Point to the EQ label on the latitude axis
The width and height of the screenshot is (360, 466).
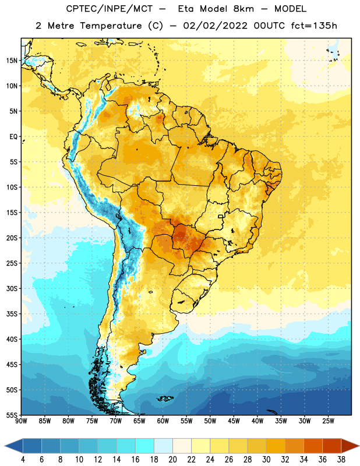(x=13, y=137)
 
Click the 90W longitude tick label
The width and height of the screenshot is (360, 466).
(x=21, y=421)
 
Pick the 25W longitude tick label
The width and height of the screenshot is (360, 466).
(x=328, y=421)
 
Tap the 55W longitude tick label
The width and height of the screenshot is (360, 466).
(x=186, y=421)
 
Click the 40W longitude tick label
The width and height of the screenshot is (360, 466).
(x=257, y=421)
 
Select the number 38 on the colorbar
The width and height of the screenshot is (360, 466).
(x=341, y=460)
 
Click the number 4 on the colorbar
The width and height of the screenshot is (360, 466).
(x=23, y=460)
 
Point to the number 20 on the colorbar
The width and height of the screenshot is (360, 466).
(x=172, y=460)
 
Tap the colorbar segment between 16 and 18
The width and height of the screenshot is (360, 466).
(x=145, y=446)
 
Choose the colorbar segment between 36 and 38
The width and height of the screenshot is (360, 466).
(x=332, y=446)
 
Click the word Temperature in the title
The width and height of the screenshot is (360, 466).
(x=111, y=26)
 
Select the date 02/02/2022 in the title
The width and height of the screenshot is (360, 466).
(x=215, y=26)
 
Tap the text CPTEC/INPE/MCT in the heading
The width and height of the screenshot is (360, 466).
(x=109, y=9)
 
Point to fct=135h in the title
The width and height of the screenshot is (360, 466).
(x=314, y=26)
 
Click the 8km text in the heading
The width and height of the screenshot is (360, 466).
(x=243, y=9)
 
